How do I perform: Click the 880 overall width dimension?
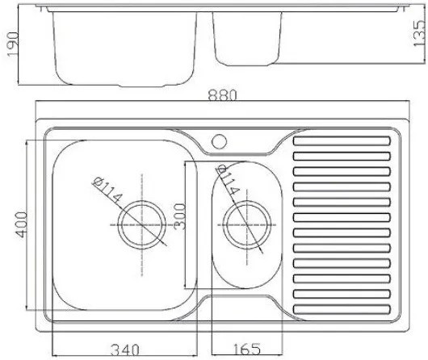pyautogui.click(x=222, y=95)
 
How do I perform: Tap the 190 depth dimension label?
pyautogui.click(x=13, y=44)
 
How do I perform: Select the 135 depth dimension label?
pyautogui.click(x=419, y=33)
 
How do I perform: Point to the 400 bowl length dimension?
pyautogui.click(x=21, y=224)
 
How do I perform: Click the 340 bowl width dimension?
pyautogui.click(x=125, y=350)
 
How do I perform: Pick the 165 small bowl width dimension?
pyautogui.click(x=246, y=349)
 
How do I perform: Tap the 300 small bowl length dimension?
pyautogui.click(x=180, y=216)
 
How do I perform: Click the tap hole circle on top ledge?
pyautogui.click(x=219, y=141)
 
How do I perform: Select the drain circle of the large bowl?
pyautogui.click(x=142, y=225)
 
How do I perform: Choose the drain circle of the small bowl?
pyautogui.click(x=247, y=225)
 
